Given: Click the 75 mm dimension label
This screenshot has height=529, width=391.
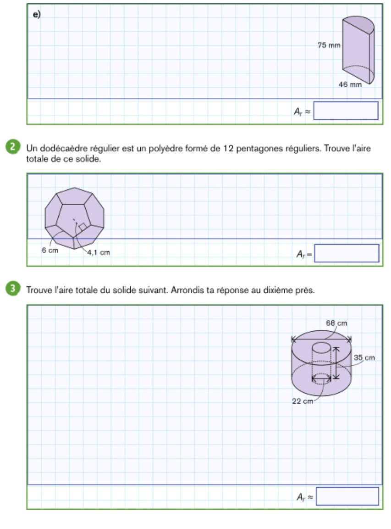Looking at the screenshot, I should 329,45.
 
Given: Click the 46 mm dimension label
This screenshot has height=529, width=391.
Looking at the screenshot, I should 350,84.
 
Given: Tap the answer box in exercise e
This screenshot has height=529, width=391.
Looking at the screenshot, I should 346,111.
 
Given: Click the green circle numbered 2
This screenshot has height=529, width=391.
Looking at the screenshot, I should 16,148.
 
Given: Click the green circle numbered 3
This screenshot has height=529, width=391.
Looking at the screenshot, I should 16,290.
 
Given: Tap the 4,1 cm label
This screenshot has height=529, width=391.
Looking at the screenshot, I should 99,252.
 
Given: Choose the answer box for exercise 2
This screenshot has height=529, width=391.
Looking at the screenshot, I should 347,253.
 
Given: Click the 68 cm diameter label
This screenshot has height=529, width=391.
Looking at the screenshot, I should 336,323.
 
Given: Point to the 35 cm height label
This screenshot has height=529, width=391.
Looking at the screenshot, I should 364,358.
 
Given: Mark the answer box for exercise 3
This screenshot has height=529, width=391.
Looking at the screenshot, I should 347,496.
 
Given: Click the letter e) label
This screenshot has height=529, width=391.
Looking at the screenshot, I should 36,14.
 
